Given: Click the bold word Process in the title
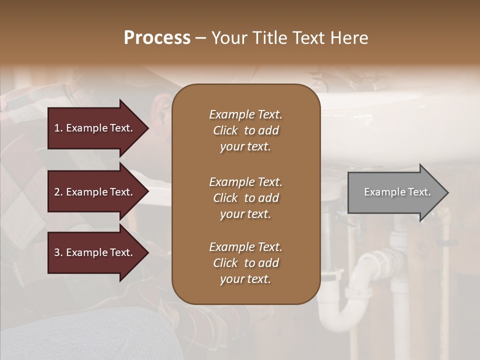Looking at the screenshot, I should pyautogui.click(x=157, y=38).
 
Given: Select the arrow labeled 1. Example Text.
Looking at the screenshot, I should pyautogui.click(x=95, y=128).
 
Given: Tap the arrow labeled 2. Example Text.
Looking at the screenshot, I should pyautogui.click(x=95, y=192).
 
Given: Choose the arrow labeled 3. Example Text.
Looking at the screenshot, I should pyautogui.click(x=95, y=252).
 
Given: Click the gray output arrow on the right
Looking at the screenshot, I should pyautogui.click(x=395, y=192).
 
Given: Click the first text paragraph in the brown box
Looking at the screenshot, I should pyautogui.click(x=245, y=130).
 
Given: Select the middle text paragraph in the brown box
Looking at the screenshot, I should pyautogui.click(x=245, y=198).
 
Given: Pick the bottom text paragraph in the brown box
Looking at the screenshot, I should pyautogui.click(x=245, y=263).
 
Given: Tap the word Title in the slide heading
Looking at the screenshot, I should pyautogui.click(x=270, y=38).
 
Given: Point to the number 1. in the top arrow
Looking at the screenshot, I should pyautogui.click(x=58, y=128).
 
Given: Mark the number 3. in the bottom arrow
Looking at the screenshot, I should pyautogui.click(x=58, y=252).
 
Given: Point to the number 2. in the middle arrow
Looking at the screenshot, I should pyautogui.click(x=58, y=192).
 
